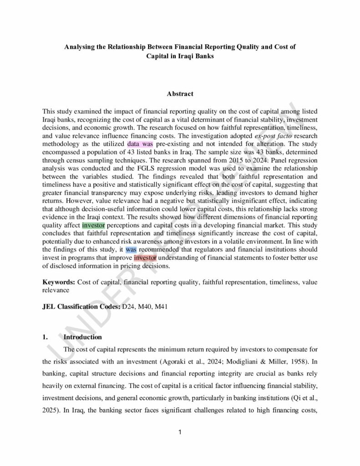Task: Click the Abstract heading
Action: coord(180,94)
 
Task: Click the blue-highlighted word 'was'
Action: coord(131,250)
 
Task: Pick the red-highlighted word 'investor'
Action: coord(145,258)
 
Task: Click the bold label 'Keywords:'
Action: coord(59,282)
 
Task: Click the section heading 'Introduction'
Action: coord(82,337)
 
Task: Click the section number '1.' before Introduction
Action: coord(45,337)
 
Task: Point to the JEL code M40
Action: coord(145,306)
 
